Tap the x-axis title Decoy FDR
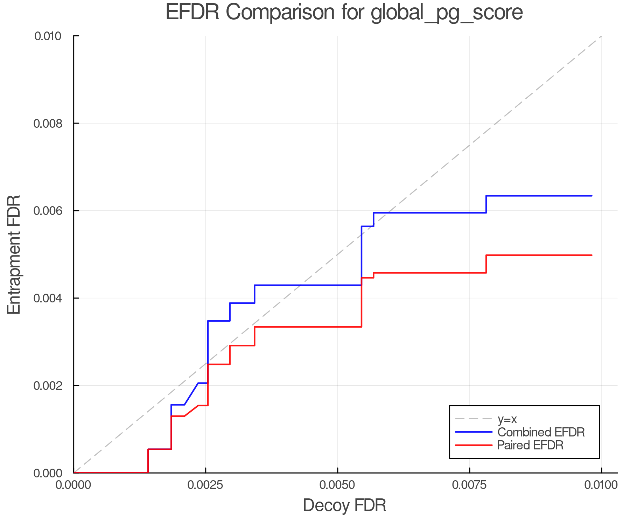[344, 505]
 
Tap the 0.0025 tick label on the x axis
[205, 485]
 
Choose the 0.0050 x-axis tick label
[337, 485]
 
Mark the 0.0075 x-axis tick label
[469, 485]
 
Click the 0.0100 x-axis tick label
[601, 485]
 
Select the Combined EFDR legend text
[541, 432]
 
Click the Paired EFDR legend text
[530, 445]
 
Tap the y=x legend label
[507, 419]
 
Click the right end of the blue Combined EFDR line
[591, 196]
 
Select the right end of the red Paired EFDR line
[591, 255]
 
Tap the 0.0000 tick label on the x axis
[73, 485]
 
